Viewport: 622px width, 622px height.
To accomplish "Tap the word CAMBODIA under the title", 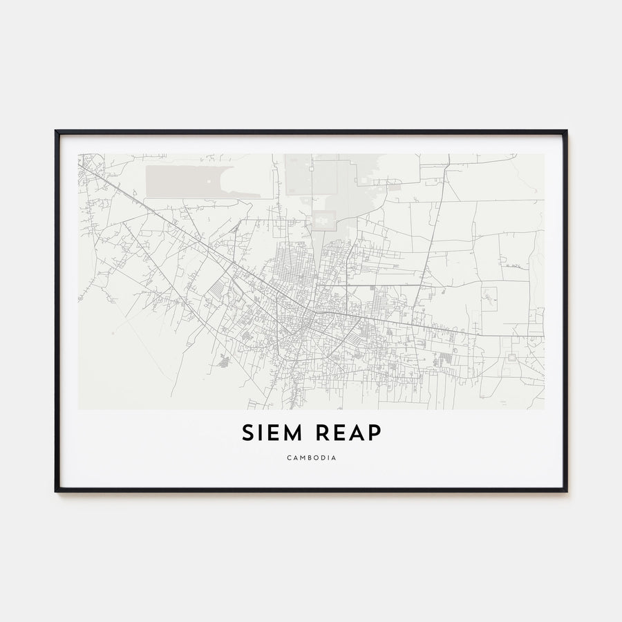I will (x=311, y=458).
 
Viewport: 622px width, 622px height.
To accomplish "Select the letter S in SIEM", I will (x=247, y=433).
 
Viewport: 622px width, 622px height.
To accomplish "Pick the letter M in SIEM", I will (x=291, y=433).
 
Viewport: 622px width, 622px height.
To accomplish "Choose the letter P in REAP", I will (x=373, y=433).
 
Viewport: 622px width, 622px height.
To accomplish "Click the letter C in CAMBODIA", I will (x=286, y=458).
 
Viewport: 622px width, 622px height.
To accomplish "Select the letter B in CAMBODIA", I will (x=308, y=458).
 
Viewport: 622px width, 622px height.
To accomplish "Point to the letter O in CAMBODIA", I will (x=315, y=458).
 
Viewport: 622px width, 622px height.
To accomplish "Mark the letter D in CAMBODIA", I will (x=323, y=458).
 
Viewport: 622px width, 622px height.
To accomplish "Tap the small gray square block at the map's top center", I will (x=323, y=220).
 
